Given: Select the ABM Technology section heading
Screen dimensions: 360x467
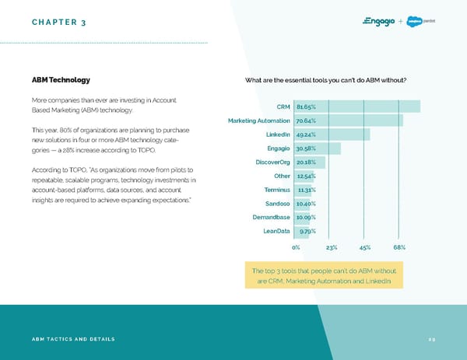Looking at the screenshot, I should [61, 79].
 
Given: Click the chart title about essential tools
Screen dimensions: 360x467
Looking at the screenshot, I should [325, 79].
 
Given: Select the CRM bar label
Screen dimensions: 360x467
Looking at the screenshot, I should [283, 107].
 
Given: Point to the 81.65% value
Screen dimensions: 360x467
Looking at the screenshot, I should [305, 107].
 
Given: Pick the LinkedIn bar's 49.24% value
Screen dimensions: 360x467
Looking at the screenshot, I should [305, 135].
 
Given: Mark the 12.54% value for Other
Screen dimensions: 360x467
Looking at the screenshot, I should [305, 176].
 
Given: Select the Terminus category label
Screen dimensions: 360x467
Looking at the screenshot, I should [278, 190].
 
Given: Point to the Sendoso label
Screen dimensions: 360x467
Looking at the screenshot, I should [278, 204].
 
